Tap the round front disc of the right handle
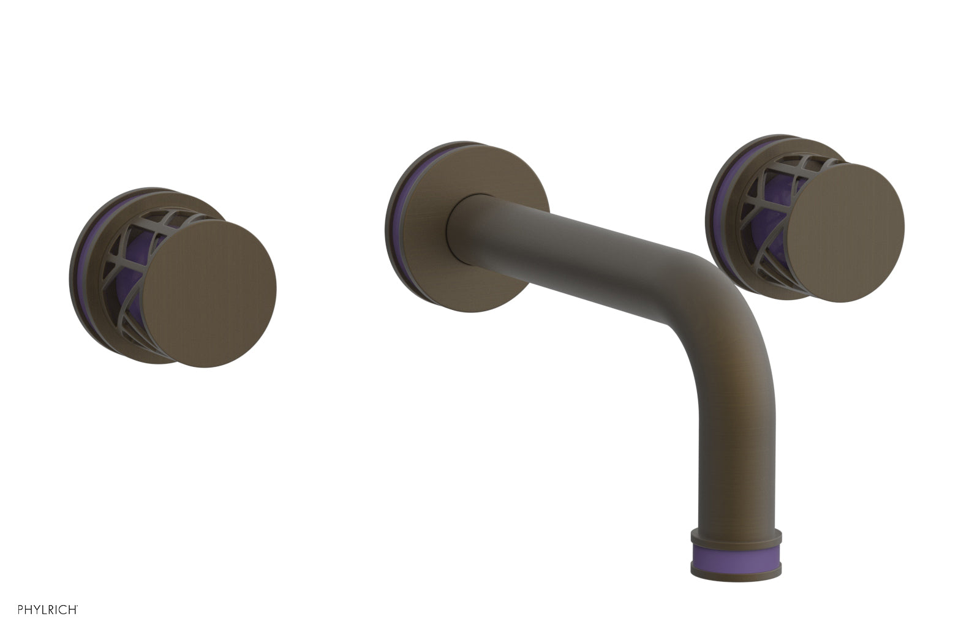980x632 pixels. pyautogui.click(x=845, y=233)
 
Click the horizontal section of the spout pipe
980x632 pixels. pyautogui.click(x=582, y=251)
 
